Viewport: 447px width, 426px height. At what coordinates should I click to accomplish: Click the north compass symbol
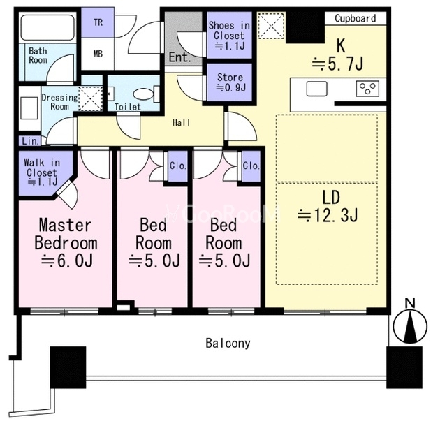410,326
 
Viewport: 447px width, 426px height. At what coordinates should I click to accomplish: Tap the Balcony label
228,344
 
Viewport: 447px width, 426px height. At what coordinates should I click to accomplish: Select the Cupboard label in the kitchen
356,19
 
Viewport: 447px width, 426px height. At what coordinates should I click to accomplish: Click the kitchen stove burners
367,89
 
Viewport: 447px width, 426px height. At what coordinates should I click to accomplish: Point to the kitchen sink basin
316,89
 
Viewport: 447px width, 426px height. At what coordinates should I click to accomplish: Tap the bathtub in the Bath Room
47,27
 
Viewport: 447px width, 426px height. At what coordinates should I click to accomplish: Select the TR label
98,22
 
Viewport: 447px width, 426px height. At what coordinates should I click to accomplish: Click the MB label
98,54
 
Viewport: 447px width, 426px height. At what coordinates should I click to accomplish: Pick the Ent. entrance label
179,57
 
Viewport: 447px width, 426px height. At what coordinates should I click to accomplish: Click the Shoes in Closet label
229,36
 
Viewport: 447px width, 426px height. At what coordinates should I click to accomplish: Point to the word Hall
182,123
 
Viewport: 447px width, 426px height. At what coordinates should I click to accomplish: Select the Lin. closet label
30,141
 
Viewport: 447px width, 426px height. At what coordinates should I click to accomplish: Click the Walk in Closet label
42,172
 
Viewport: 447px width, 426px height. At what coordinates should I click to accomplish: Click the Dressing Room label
59,102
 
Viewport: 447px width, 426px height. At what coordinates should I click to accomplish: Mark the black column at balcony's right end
404,367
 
